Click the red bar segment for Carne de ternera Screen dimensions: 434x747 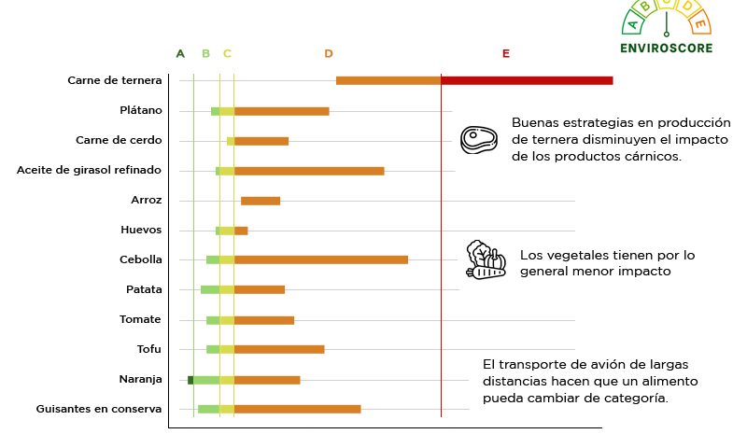[x=527, y=80]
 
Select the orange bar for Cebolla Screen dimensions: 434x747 [x=320, y=259]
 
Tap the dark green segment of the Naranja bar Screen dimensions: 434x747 [x=190, y=380]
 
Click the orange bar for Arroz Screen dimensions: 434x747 [x=261, y=201]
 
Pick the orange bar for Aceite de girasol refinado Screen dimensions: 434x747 [x=309, y=171]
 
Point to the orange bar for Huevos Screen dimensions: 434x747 [x=241, y=231]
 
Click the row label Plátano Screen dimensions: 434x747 [x=140, y=110]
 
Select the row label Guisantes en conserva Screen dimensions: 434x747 [x=99, y=409]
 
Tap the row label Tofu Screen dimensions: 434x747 [x=149, y=349]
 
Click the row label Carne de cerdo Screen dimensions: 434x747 [x=119, y=140]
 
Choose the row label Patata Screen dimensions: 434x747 [x=144, y=289]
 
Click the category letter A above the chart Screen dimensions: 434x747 [x=180, y=53]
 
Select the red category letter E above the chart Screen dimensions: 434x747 [x=505, y=53]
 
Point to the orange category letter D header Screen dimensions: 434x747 [x=329, y=53]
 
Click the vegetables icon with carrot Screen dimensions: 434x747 [x=485, y=260]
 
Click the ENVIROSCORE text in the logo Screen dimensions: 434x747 [x=666, y=48]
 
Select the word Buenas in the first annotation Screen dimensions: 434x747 [x=536, y=123]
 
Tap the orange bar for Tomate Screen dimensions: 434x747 [x=263, y=320]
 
